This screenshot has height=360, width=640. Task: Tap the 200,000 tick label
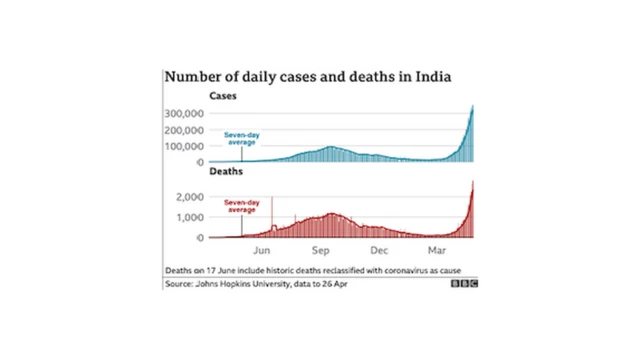(182, 130)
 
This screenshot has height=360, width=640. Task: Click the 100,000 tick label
(182, 146)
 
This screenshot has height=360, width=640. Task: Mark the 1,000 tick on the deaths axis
(189, 217)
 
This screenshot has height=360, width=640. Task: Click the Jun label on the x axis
(264, 252)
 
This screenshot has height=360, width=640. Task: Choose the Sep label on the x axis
(321, 252)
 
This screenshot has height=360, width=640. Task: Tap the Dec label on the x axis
(379, 252)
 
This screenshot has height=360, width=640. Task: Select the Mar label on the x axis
(437, 252)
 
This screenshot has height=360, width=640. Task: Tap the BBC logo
(468, 286)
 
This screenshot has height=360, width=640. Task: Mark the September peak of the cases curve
(329, 148)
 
